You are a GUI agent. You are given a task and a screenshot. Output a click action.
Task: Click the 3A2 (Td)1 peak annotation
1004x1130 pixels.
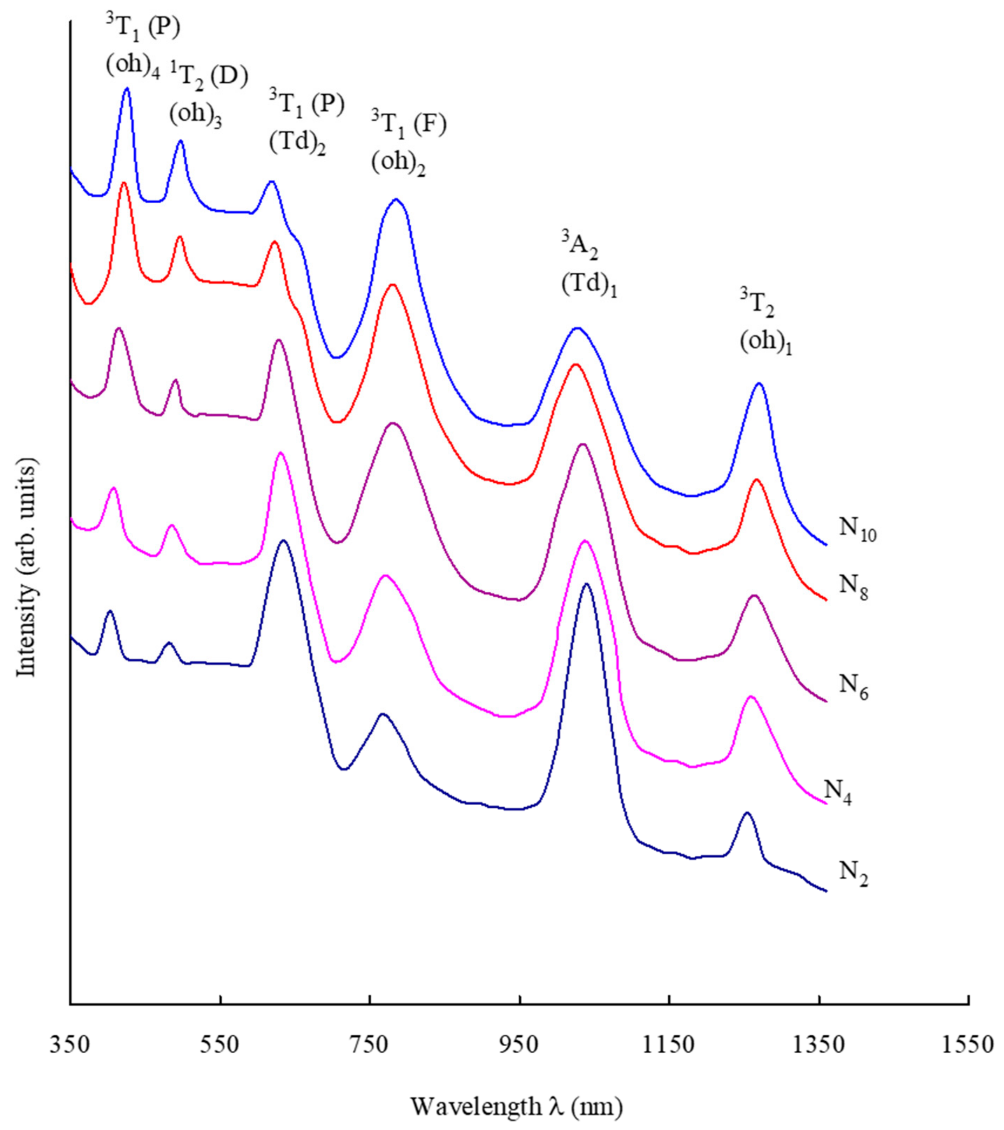588,266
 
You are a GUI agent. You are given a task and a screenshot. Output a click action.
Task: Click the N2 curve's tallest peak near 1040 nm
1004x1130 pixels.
587,584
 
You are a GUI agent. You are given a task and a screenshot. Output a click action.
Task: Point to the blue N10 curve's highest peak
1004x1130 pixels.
127,88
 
